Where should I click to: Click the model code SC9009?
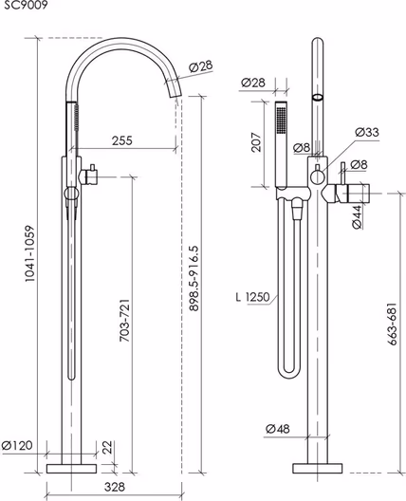26,5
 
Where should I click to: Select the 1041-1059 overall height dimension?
29,253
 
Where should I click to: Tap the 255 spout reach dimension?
121,140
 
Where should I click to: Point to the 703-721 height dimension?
125,321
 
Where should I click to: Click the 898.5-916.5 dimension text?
194,278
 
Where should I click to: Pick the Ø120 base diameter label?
17,445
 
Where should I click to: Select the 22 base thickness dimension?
108,447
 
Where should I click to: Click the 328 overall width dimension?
115,487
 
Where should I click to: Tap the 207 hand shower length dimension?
256,142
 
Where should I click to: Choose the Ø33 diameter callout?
367,132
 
